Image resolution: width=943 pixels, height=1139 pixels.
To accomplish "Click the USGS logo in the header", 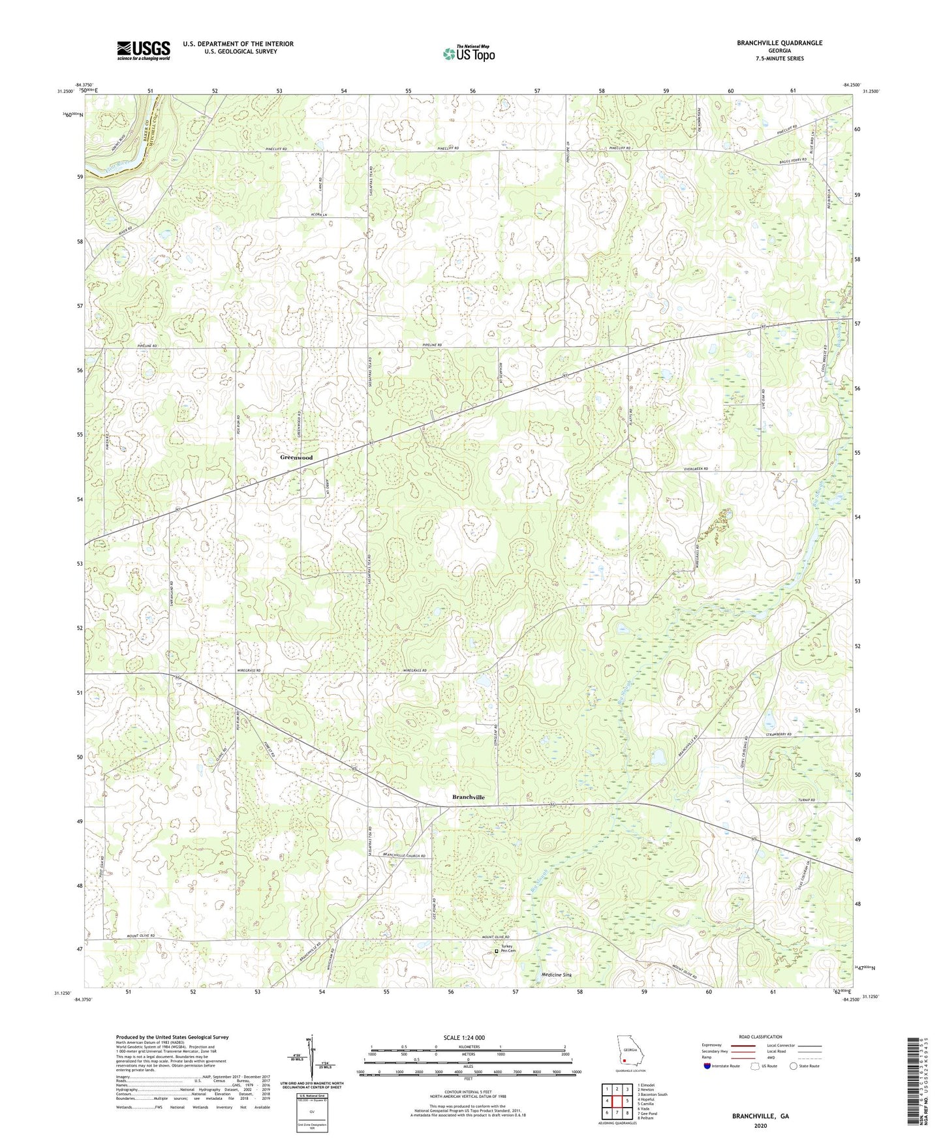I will (144, 50).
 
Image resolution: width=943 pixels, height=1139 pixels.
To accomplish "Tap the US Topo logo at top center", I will (468, 53).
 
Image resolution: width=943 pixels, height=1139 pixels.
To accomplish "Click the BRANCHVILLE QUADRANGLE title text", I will (770, 43).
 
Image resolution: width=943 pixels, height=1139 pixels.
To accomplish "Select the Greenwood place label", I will (296, 457).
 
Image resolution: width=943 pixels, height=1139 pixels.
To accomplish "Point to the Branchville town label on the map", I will (469, 797).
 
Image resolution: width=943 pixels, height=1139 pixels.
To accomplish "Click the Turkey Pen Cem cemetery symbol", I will (496, 951).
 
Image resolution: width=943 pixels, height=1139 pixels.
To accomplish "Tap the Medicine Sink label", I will (557, 975).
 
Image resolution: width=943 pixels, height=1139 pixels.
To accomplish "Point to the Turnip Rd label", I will (807, 800).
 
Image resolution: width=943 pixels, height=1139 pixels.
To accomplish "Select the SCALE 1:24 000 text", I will (464, 1038).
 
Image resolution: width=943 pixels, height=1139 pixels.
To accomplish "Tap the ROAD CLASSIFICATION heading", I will (760, 1037).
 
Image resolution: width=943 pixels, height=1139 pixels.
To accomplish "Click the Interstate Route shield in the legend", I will (707, 1067).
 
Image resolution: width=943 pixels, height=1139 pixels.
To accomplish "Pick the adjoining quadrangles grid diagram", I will (616, 1101).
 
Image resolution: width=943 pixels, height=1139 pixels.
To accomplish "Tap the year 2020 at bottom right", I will (760, 1125).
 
